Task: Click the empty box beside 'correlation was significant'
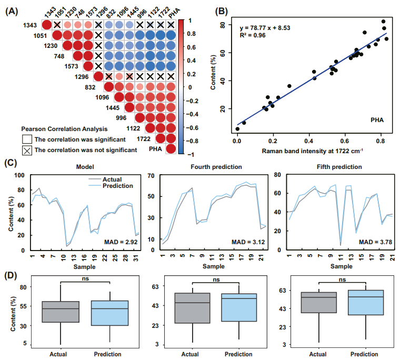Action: (27, 139)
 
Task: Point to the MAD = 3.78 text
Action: (375, 243)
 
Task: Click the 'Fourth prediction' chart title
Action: (216, 167)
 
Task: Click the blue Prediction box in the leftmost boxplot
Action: (110, 313)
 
